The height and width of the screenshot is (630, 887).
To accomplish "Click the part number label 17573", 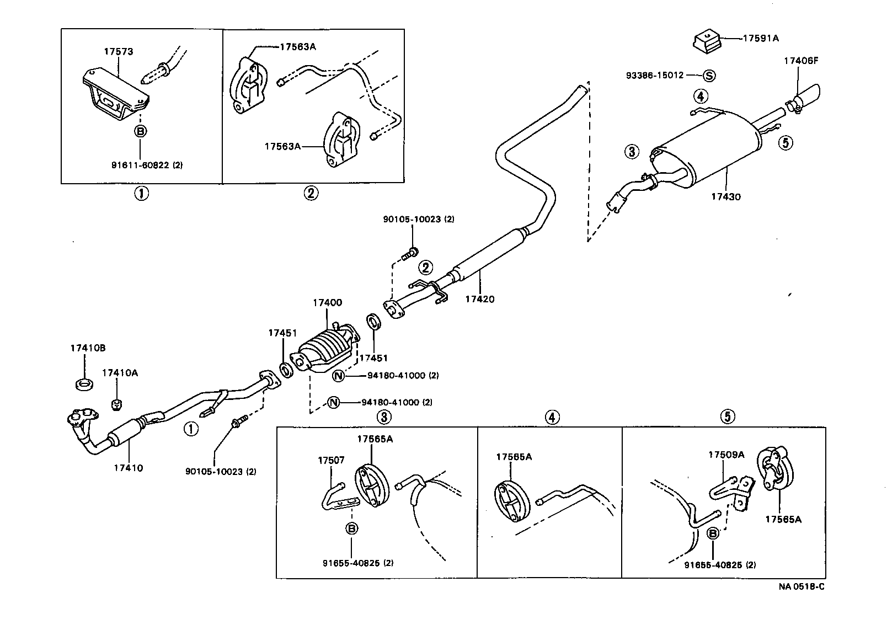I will pyautogui.click(x=119, y=52).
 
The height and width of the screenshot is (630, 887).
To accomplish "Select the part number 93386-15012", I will pyautogui.click(x=655, y=75).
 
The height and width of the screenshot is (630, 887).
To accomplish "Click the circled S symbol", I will pyautogui.click(x=709, y=76).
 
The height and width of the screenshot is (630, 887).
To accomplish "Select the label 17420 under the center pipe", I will pyautogui.click(x=479, y=300).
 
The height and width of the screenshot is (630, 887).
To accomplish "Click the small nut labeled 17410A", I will pyautogui.click(x=116, y=405).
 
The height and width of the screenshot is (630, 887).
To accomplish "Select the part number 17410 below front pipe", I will pyautogui.click(x=129, y=468).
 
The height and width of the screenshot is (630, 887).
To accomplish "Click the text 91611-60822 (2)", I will pyautogui.click(x=147, y=165).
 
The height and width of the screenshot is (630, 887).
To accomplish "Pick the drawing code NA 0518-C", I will pyautogui.click(x=801, y=586).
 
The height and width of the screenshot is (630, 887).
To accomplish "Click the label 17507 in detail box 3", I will pyautogui.click(x=331, y=460).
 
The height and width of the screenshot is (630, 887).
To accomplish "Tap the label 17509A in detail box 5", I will pyautogui.click(x=726, y=455).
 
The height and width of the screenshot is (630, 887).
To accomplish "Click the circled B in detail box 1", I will pyautogui.click(x=141, y=131).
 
